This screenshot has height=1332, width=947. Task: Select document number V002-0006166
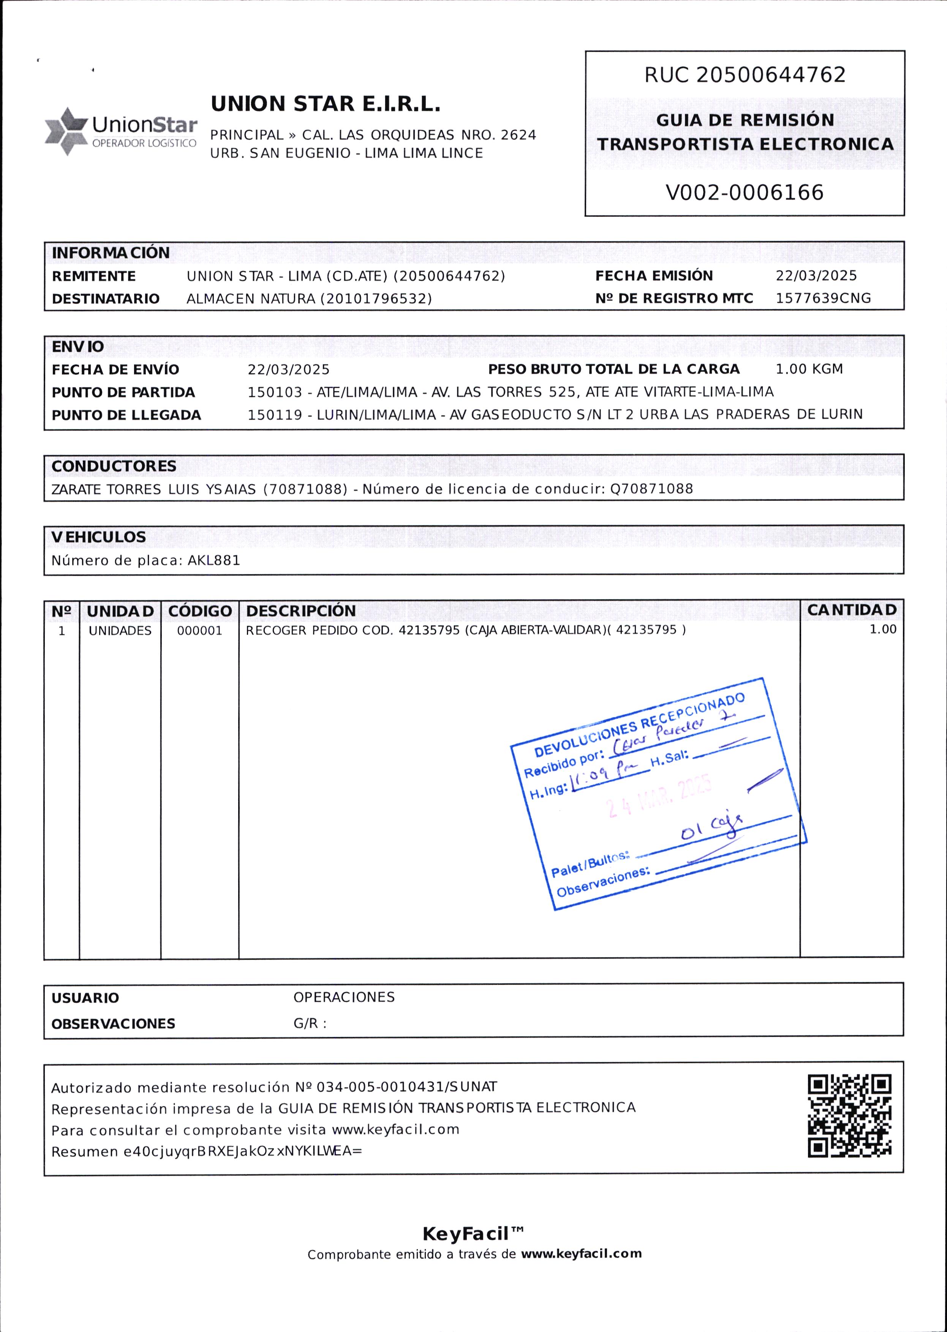745,193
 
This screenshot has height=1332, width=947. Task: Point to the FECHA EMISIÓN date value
816,276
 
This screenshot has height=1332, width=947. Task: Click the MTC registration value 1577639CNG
823,298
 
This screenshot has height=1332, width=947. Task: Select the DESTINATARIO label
106,299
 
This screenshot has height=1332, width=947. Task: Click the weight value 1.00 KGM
809,369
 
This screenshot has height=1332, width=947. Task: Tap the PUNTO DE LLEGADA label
126,415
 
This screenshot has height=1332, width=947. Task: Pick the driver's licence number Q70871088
651,489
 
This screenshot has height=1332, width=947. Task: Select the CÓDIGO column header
200,611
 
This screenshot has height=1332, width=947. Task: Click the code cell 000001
199,631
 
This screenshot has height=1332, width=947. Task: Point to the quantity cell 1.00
883,630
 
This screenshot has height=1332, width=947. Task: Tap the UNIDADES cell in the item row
120,631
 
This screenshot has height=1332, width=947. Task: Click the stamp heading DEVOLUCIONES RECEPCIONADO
640,724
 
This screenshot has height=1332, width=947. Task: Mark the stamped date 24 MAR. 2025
659,796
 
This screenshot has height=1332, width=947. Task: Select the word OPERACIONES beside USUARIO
344,997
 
